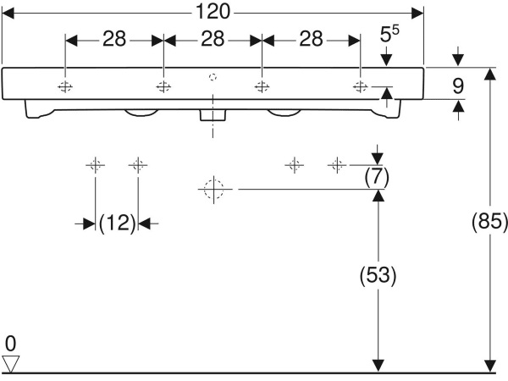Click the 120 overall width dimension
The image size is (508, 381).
[213, 12]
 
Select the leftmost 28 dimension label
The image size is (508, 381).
[114, 39]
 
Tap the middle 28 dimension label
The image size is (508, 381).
[213, 39]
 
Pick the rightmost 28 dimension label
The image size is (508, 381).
[311, 39]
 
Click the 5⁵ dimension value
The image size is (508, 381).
[389, 34]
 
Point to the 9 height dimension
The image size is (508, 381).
[458, 86]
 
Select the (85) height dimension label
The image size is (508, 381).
[489, 222]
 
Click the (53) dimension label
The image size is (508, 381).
[378, 275]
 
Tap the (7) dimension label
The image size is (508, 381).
[377, 177]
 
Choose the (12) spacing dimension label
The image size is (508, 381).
[117, 224]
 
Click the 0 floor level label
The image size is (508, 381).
[10, 344]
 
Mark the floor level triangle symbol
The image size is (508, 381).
[11, 364]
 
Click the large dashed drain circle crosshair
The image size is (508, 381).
[214, 189]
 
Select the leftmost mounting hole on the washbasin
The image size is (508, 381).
[65, 87]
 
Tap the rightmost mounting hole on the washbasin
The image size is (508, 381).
[360, 87]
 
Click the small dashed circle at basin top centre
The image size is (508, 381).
[213, 77]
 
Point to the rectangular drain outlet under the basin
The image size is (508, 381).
[213, 115]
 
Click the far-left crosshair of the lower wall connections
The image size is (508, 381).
[95, 165]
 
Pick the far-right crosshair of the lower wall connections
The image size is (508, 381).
[337, 165]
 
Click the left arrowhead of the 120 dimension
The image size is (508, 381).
[8, 14]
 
